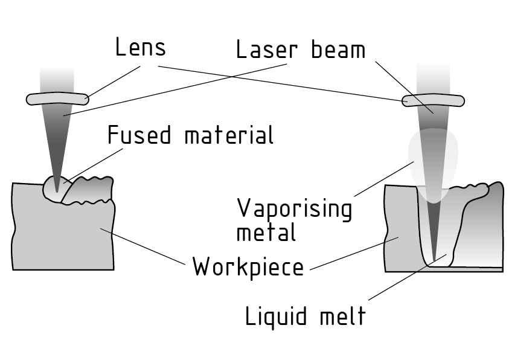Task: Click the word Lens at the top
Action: coord(140,48)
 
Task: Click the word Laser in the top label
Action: coord(269,50)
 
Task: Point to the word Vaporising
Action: coord(294,208)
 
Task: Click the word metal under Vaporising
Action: coord(266,232)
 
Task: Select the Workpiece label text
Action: coord(248,266)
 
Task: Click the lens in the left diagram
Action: coord(57,97)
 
